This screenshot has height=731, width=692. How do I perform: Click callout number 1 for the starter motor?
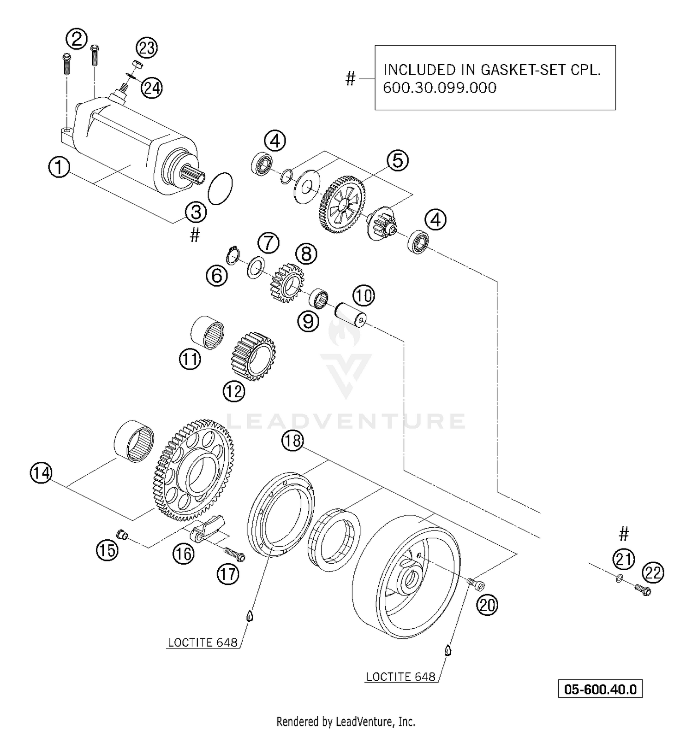59,167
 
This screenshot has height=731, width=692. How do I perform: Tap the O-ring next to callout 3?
220,188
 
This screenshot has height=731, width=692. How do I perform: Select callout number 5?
397,160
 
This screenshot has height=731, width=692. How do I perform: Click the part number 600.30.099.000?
440,88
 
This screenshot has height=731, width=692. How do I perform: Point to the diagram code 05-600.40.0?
600,690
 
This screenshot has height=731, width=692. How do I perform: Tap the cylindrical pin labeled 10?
351,314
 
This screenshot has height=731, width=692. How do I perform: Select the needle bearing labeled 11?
208,332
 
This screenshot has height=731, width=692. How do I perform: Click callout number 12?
234,391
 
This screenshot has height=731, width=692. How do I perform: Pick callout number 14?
42,473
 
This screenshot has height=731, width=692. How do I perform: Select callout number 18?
292,441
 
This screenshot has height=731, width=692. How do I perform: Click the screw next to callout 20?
475,584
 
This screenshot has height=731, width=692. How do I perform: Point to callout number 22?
653,573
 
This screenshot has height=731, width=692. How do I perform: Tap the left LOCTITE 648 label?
203,643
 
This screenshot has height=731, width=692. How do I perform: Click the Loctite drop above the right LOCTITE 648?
447,650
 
